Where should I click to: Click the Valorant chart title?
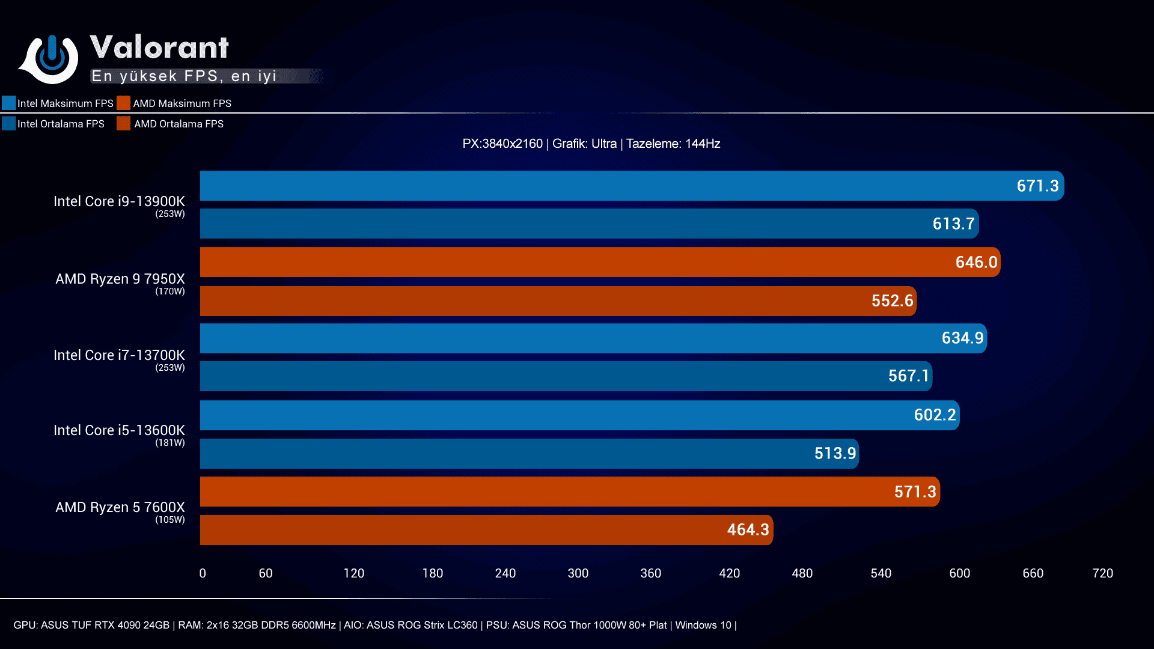pos(159,47)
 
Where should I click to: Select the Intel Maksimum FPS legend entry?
pos(58,103)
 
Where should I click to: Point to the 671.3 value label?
pos(1037,186)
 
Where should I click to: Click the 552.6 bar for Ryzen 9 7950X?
pos(558,301)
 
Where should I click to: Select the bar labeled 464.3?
pos(486,530)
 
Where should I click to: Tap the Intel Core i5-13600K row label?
pos(119,430)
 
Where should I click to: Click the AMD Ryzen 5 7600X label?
pos(120,507)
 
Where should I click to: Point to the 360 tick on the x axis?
pos(650,573)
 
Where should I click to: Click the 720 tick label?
pos(1102,573)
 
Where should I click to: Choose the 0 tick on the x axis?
pos(203,573)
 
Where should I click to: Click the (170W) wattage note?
pos(170,291)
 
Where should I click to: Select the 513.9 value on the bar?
pos(835,454)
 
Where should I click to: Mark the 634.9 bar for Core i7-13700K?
pos(593,338)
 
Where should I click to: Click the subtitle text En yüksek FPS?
pos(183,76)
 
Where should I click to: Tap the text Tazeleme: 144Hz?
pos(673,144)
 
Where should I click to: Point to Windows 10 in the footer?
pos(703,625)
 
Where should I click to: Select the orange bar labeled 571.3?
pos(569,492)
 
